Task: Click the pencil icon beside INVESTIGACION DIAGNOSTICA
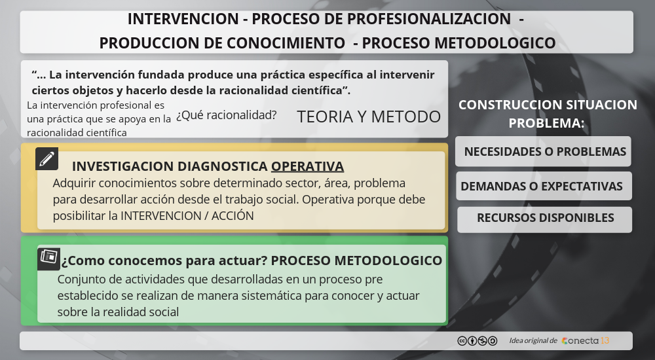(x=47, y=158)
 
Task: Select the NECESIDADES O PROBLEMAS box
(x=543, y=152)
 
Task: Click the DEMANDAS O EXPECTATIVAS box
(x=543, y=186)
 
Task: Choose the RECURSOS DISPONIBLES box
(x=544, y=219)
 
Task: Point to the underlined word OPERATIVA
(x=307, y=166)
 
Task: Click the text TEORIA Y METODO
(x=369, y=117)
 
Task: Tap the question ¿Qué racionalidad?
(x=226, y=115)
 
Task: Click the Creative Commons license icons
(x=477, y=341)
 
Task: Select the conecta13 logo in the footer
(x=586, y=341)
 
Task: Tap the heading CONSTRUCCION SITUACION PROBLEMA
(x=547, y=113)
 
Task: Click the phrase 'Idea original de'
(x=533, y=341)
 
